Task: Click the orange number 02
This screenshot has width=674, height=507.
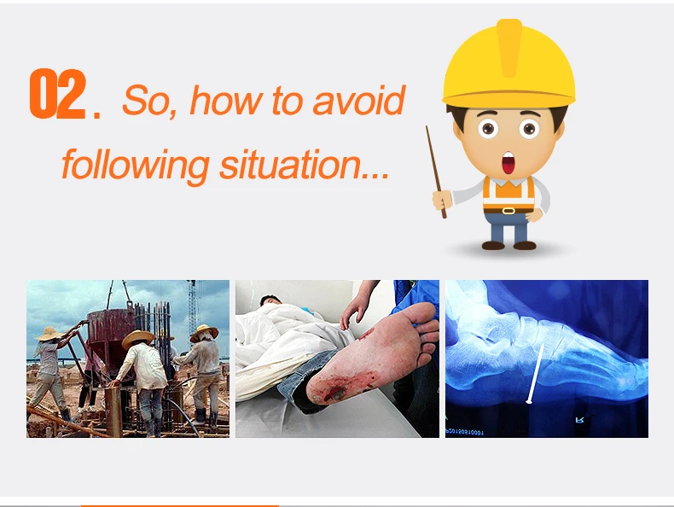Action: point(58,93)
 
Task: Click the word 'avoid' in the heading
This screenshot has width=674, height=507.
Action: point(359,100)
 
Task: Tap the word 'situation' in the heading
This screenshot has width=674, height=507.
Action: point(291,164)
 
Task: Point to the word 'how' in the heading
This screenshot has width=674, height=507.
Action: point(226,100)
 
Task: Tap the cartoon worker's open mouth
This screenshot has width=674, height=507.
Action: point(508,163)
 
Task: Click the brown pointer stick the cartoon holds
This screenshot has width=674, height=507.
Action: point(436,172)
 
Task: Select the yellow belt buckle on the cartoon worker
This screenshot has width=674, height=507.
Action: point(508,211)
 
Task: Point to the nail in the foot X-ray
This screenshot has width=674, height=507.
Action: point(535,374)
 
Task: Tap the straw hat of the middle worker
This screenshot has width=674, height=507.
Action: point(137,339)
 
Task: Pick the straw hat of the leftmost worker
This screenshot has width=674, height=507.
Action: point(49,334)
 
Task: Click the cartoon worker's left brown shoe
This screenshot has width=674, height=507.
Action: point(493,245)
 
